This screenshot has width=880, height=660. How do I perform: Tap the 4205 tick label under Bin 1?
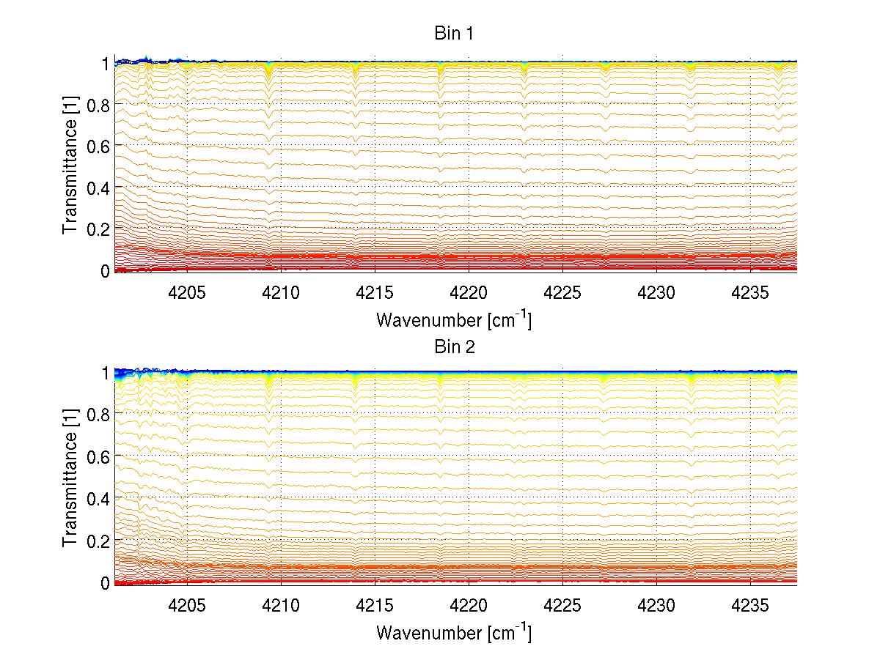point(187,291)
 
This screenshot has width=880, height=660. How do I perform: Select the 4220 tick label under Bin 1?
point(469,291)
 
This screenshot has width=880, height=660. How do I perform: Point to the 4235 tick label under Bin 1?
point(750,291)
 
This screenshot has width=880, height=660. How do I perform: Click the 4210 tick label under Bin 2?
point(281,603)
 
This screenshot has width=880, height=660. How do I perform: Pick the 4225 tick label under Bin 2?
point(562,603)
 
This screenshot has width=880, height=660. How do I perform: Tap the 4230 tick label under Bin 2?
point(656,603)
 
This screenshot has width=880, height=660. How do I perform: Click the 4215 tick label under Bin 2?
point(375,603)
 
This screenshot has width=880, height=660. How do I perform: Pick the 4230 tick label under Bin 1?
point(656,291)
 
